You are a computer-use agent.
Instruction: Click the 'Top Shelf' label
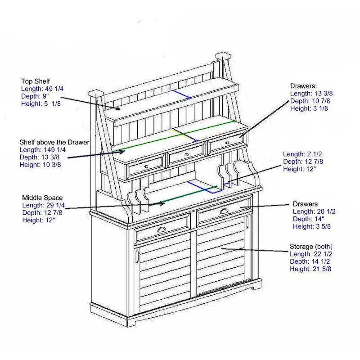(36, 81)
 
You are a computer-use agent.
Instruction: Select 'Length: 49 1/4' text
(42, 89)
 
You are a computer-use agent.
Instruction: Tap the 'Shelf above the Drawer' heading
(54, 142)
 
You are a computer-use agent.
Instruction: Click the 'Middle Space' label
(42, 198)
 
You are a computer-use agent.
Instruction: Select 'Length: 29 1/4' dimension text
(44, 205)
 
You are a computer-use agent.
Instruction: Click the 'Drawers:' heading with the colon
(304, 85)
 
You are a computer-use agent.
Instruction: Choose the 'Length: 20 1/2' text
(314, 211)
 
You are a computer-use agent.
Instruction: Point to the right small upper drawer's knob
(226, 143)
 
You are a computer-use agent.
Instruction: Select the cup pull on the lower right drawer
(224, 211)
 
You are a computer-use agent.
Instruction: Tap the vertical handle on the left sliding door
(136, 256)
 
